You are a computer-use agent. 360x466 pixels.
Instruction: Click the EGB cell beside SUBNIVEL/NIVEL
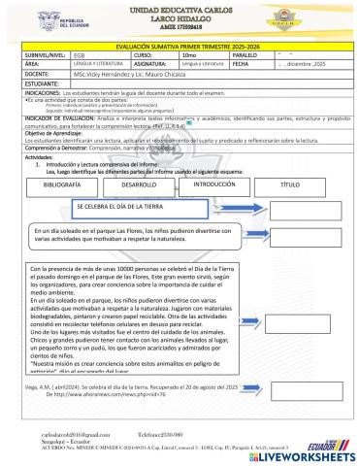pyautogui.click(x=82, y=55)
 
